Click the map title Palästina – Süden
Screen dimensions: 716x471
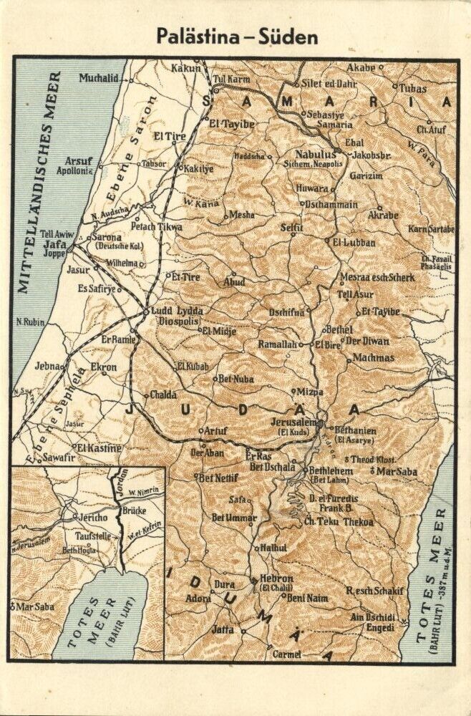click(x=237, y=37)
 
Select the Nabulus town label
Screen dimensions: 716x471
click(x=314, y=154)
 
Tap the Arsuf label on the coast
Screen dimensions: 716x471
click(x=79, y=161)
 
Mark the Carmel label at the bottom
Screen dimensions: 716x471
click(x=287, y=654)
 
